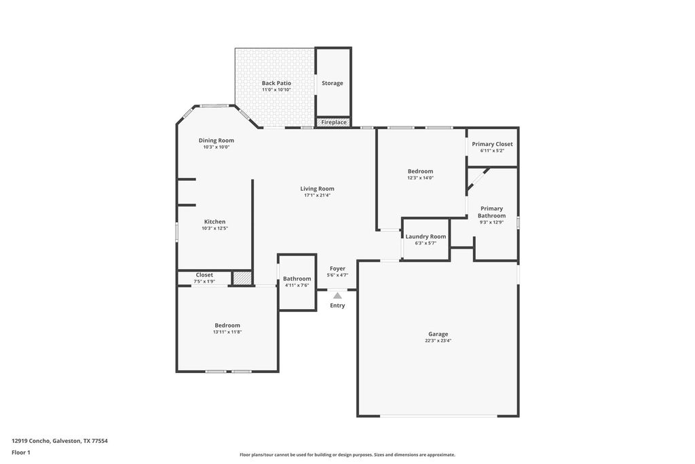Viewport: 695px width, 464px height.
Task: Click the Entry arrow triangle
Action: click(x=338, y=296)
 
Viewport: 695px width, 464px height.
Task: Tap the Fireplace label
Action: click(x=334, y=122)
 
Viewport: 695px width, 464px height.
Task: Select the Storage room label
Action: click(x=333, y=83)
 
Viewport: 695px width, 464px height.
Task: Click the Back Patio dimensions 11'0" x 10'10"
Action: click(x=276, y=90)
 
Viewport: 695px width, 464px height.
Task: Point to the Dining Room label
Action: click(x=217, y=140)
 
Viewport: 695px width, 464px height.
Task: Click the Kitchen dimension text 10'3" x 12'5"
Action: click(x=215, y=228)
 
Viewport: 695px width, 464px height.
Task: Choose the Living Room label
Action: click(x=318, y=189)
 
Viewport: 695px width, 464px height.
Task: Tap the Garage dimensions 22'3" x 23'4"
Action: click(x=438, y=340)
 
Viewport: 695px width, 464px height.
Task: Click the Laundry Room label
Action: click(x=426, y=236)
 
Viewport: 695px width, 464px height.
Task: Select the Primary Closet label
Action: click(x=492, y=144)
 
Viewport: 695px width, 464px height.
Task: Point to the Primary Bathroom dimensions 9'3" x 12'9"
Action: click(x=491, y=222)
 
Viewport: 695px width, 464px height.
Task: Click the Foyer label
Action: click(x=337, y=268)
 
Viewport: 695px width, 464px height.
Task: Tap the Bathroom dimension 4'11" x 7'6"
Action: click(x=297, y=285)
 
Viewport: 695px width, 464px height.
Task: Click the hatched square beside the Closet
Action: click(x=242, y=278)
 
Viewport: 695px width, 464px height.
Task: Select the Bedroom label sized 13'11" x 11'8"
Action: click(x=227, y=325)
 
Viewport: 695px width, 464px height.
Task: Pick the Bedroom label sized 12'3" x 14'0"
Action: click(x=421, y=171)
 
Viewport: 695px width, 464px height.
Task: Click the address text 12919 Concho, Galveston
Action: click(x=47, y=441)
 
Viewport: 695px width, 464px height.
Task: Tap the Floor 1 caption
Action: click(x=21, y=452)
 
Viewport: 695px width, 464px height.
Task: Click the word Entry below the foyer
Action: click(x=337, y=305)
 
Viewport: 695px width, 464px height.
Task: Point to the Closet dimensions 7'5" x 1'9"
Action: click(x=204, y=281)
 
